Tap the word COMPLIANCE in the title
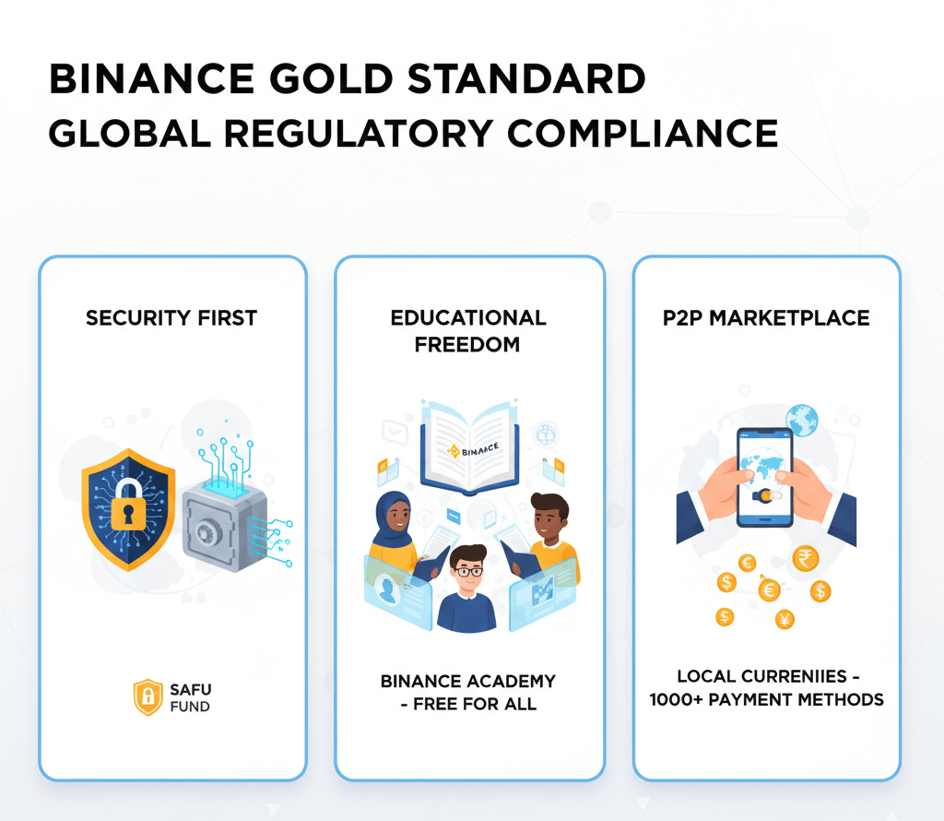[643, 134]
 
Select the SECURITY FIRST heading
[171, 318]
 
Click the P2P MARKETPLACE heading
[766, 318]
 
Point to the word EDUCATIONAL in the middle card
[468, 318]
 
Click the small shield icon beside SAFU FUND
[147, 697]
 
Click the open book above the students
[469, 443]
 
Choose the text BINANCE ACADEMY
[468, 682]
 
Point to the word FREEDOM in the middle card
[468, 345]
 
